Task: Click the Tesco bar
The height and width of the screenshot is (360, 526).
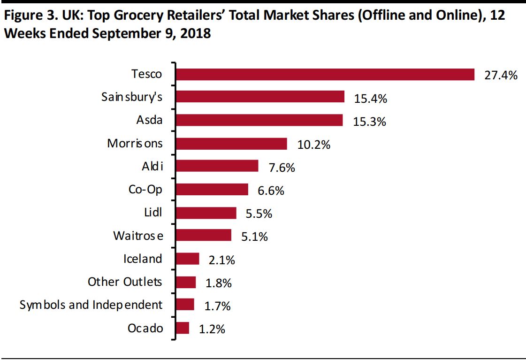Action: point(325,74)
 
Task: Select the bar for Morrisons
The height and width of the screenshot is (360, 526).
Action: point(231,144)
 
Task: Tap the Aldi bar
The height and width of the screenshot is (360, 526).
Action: point(217,166)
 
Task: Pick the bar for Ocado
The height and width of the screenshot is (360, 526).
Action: point(182,328)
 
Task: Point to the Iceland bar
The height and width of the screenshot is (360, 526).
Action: point(187,259)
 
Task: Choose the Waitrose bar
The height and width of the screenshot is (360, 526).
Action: point(203,235)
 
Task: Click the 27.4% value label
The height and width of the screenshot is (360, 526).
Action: point(501,75)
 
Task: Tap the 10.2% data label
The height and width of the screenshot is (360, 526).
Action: point(313,145)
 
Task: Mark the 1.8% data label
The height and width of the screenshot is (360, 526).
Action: point(218,283)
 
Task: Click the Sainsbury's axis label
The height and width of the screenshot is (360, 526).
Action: point(132,97)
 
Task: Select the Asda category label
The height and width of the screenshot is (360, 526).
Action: point(149,120)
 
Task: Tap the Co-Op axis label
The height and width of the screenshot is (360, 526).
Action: point(145,189)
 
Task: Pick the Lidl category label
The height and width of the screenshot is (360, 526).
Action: point(153,212)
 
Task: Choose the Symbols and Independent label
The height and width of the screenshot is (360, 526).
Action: point(91,305)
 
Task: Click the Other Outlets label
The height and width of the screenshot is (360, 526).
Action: point(125,282)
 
